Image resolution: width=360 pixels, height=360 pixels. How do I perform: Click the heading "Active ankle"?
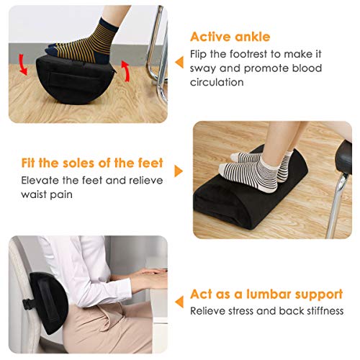coord(230,37)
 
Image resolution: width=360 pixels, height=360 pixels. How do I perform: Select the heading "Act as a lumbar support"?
coord(266,294)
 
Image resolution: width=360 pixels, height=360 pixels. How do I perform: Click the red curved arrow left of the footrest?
coord(23,68)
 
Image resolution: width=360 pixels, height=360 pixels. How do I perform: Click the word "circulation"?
coord(218,82)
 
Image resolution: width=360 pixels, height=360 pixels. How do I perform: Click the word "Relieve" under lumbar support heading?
coord(207,311)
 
